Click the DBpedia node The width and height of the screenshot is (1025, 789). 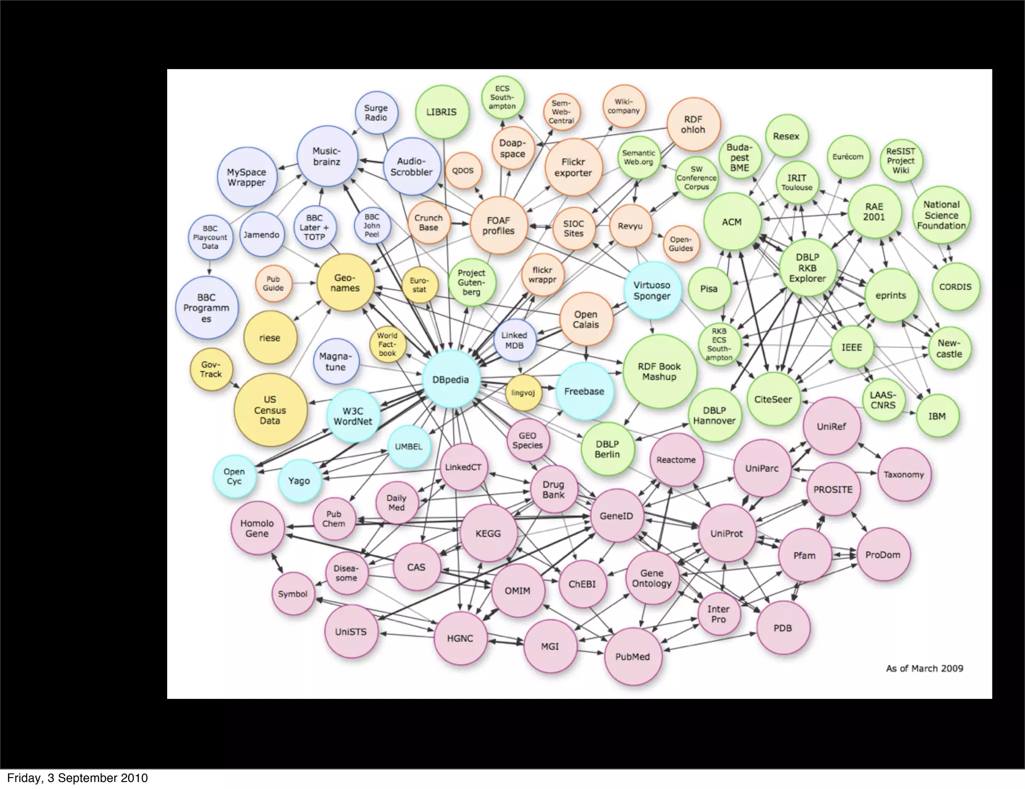pyautogui.click(x=451, y=379)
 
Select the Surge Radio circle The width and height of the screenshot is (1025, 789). pyautogui.click(x=376, y=113)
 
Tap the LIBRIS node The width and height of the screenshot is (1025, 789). pyautogui.click(x=441, y=112)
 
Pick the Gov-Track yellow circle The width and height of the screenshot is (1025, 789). pyautogui.click(x=211, y=369)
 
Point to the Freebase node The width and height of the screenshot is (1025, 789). pyautogui.click(x=584, y=391)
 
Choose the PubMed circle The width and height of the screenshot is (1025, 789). pyautogui.click(x=633, y=657)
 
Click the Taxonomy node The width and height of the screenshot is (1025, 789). pyautogui.click(x=904, y=475)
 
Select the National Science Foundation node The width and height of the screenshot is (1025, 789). pyautogui.click(x=941, y=215)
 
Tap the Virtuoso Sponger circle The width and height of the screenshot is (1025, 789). pyautogui.click(x=652, y=290)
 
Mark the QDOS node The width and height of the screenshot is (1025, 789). pyautogui.click(x=463, y=171)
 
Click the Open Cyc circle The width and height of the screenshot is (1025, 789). pyautogui.click(x=234, y=476)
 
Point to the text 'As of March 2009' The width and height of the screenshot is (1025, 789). pyautogui.click(x=924, y=668)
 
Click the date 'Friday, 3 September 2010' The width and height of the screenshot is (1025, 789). pyautogui.click(x=78, y=778)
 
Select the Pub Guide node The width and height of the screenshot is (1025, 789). pyautogui.click(x=273, y=283)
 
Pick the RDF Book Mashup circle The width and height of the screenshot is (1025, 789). pyautogui.click(x=660, y=372)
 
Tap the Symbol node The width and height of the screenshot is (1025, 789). pyautogui.click(x=293, y=594)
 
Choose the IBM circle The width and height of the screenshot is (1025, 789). pyautogui.click(x=937, y=416)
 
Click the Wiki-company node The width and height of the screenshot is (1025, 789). pyautogui.click(x=624, y=106)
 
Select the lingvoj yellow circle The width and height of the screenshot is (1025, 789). pyautogui.click(x=524, y=393)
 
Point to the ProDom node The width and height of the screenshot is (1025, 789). pyautogui.click(x=883, y=555)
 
